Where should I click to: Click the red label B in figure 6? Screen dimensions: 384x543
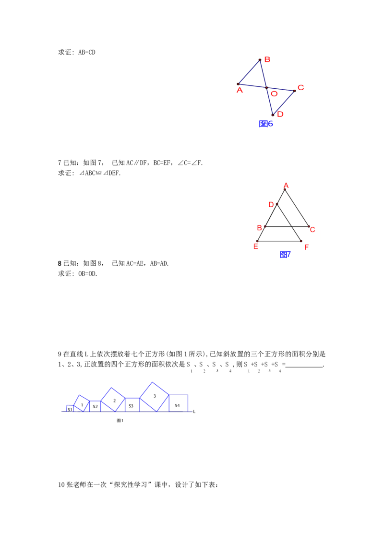pyautogui.click(x=267, y=59)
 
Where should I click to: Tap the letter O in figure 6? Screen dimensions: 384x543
pyautogui.click(x=274, y=94)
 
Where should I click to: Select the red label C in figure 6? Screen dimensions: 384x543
pyautogui.click(x=301, y=88)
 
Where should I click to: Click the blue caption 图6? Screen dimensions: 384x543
pyautogui.click(x=266, y=124)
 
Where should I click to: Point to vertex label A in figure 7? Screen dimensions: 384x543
pyautogui.click(x=286, y=186)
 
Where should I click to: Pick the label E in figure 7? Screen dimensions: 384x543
pyautogui.click(x=256, y=247)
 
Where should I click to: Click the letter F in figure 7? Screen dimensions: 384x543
pyautogui.click(x=306, y=247)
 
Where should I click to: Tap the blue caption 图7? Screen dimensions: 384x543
pyautogui.click(x=285, y=255)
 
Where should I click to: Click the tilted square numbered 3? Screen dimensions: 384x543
pyautogui.click(x=154, y=397)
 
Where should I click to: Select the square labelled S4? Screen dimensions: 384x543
pyautogui.click(x=179, y=403)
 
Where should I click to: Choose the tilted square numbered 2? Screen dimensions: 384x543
pyautogui.click(x=113, y=400)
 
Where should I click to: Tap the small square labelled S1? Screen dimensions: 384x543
pyautogui.click(x=70, y=408)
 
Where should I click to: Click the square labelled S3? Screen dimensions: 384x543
pyautogui.click(x=132, y=405)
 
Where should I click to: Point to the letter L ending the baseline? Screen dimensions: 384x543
pyautogui.click(x=194, y=412)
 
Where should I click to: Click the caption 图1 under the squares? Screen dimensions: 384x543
pyautogui.click(x=120, y=420)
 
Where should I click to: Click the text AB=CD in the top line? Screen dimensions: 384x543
pyautogui.click(x=87, y=52)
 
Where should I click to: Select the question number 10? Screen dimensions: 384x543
pyautogui.click(x=61, y=485)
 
